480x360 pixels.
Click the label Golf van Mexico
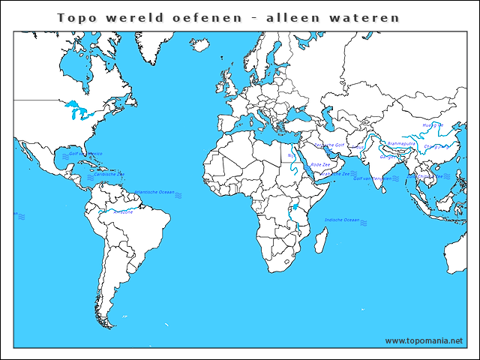coord(85,153)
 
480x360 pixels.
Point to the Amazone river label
coord(124,212)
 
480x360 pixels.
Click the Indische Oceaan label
coord(342,220)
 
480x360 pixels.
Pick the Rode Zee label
coord(320,163)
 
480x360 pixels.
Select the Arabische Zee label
coord(335,173)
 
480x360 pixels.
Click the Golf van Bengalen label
coord(372,178)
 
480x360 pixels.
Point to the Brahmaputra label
coord(401,142)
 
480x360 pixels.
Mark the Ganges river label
coord(388,157)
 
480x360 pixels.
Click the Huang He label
coord(433,125)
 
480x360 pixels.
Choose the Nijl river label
coord(290,156)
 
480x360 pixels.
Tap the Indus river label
coord(360,147)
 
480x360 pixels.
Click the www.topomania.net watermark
coord(424,341)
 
